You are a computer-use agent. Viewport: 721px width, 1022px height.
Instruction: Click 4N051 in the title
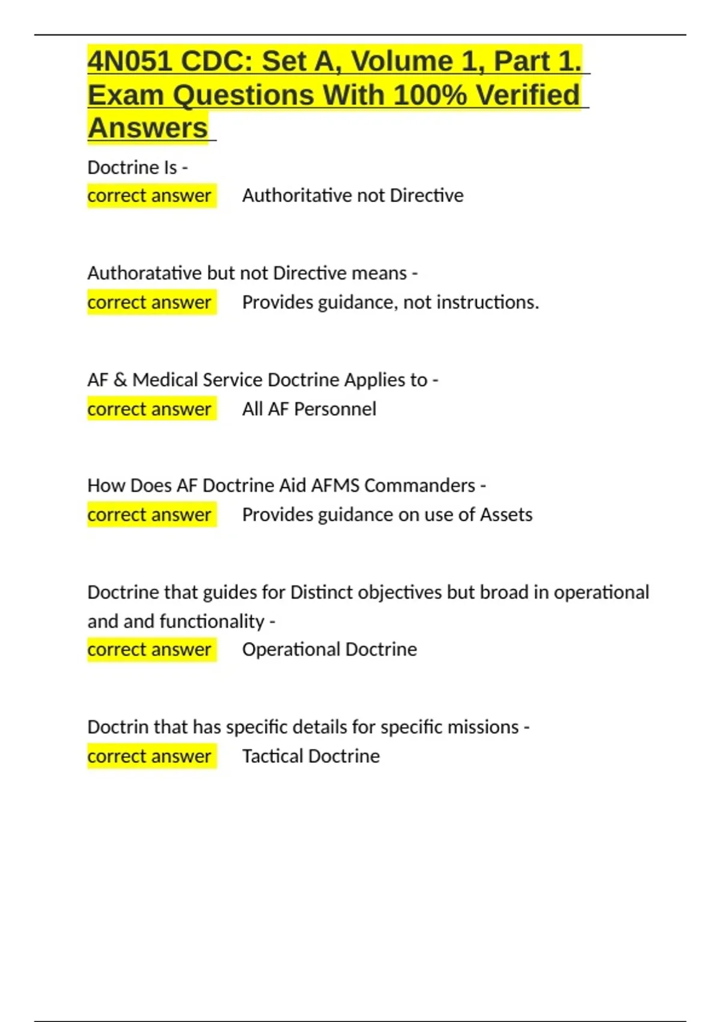(x=129, y=61)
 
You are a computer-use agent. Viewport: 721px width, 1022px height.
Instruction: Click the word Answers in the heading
(x=148, y=128)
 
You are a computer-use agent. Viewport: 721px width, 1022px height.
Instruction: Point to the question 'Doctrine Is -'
(x=138, y=167)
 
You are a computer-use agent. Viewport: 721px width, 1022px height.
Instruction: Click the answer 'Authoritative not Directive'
(x=353, y=195)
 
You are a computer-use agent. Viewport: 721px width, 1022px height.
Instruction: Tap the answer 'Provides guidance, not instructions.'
(x=391, y=302)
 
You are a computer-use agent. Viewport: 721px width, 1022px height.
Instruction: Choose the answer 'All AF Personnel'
(x=309, y=409)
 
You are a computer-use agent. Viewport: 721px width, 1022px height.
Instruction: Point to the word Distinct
(x=321, y=592)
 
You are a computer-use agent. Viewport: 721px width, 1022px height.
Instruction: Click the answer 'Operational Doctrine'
(x=329, y=649)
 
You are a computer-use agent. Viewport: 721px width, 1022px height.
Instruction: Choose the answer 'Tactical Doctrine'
(x=311, y=756)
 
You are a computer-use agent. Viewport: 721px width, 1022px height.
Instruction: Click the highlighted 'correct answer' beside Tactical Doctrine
(x=150, y=756)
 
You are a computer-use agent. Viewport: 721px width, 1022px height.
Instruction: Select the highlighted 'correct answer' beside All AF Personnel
(x=150, y=409)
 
